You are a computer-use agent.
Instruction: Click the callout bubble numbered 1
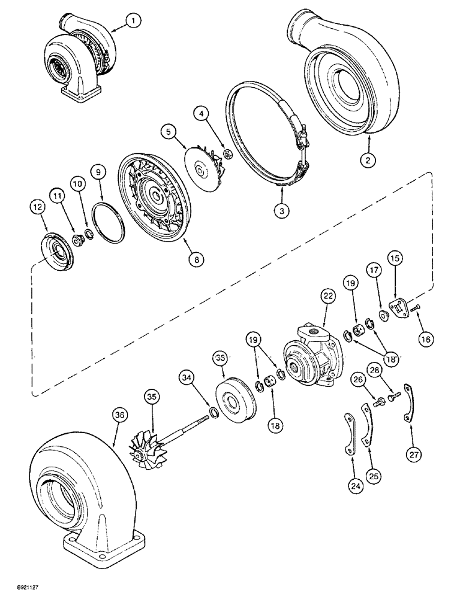click(134, 21)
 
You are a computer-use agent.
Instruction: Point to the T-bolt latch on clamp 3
click(303, 138)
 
